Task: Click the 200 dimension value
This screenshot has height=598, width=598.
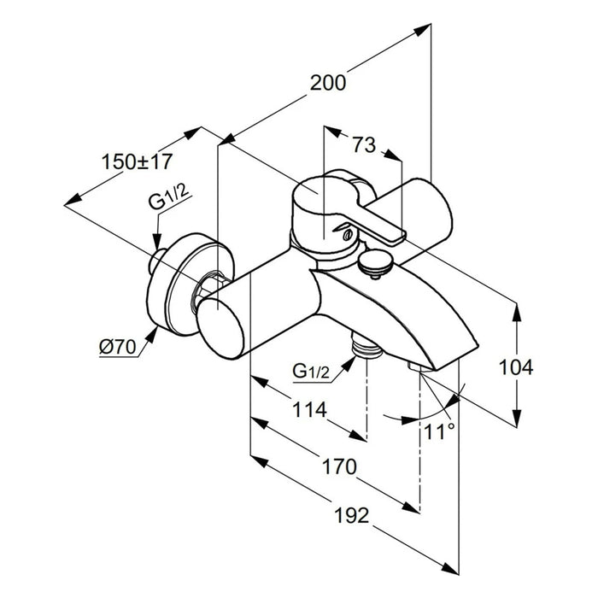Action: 329,83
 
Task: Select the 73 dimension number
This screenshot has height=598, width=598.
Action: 363,145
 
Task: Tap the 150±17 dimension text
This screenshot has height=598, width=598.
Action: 137,161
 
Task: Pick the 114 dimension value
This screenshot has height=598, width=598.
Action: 309,410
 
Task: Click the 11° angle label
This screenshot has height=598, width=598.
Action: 438,431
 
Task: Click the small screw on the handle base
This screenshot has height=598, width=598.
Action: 346,232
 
